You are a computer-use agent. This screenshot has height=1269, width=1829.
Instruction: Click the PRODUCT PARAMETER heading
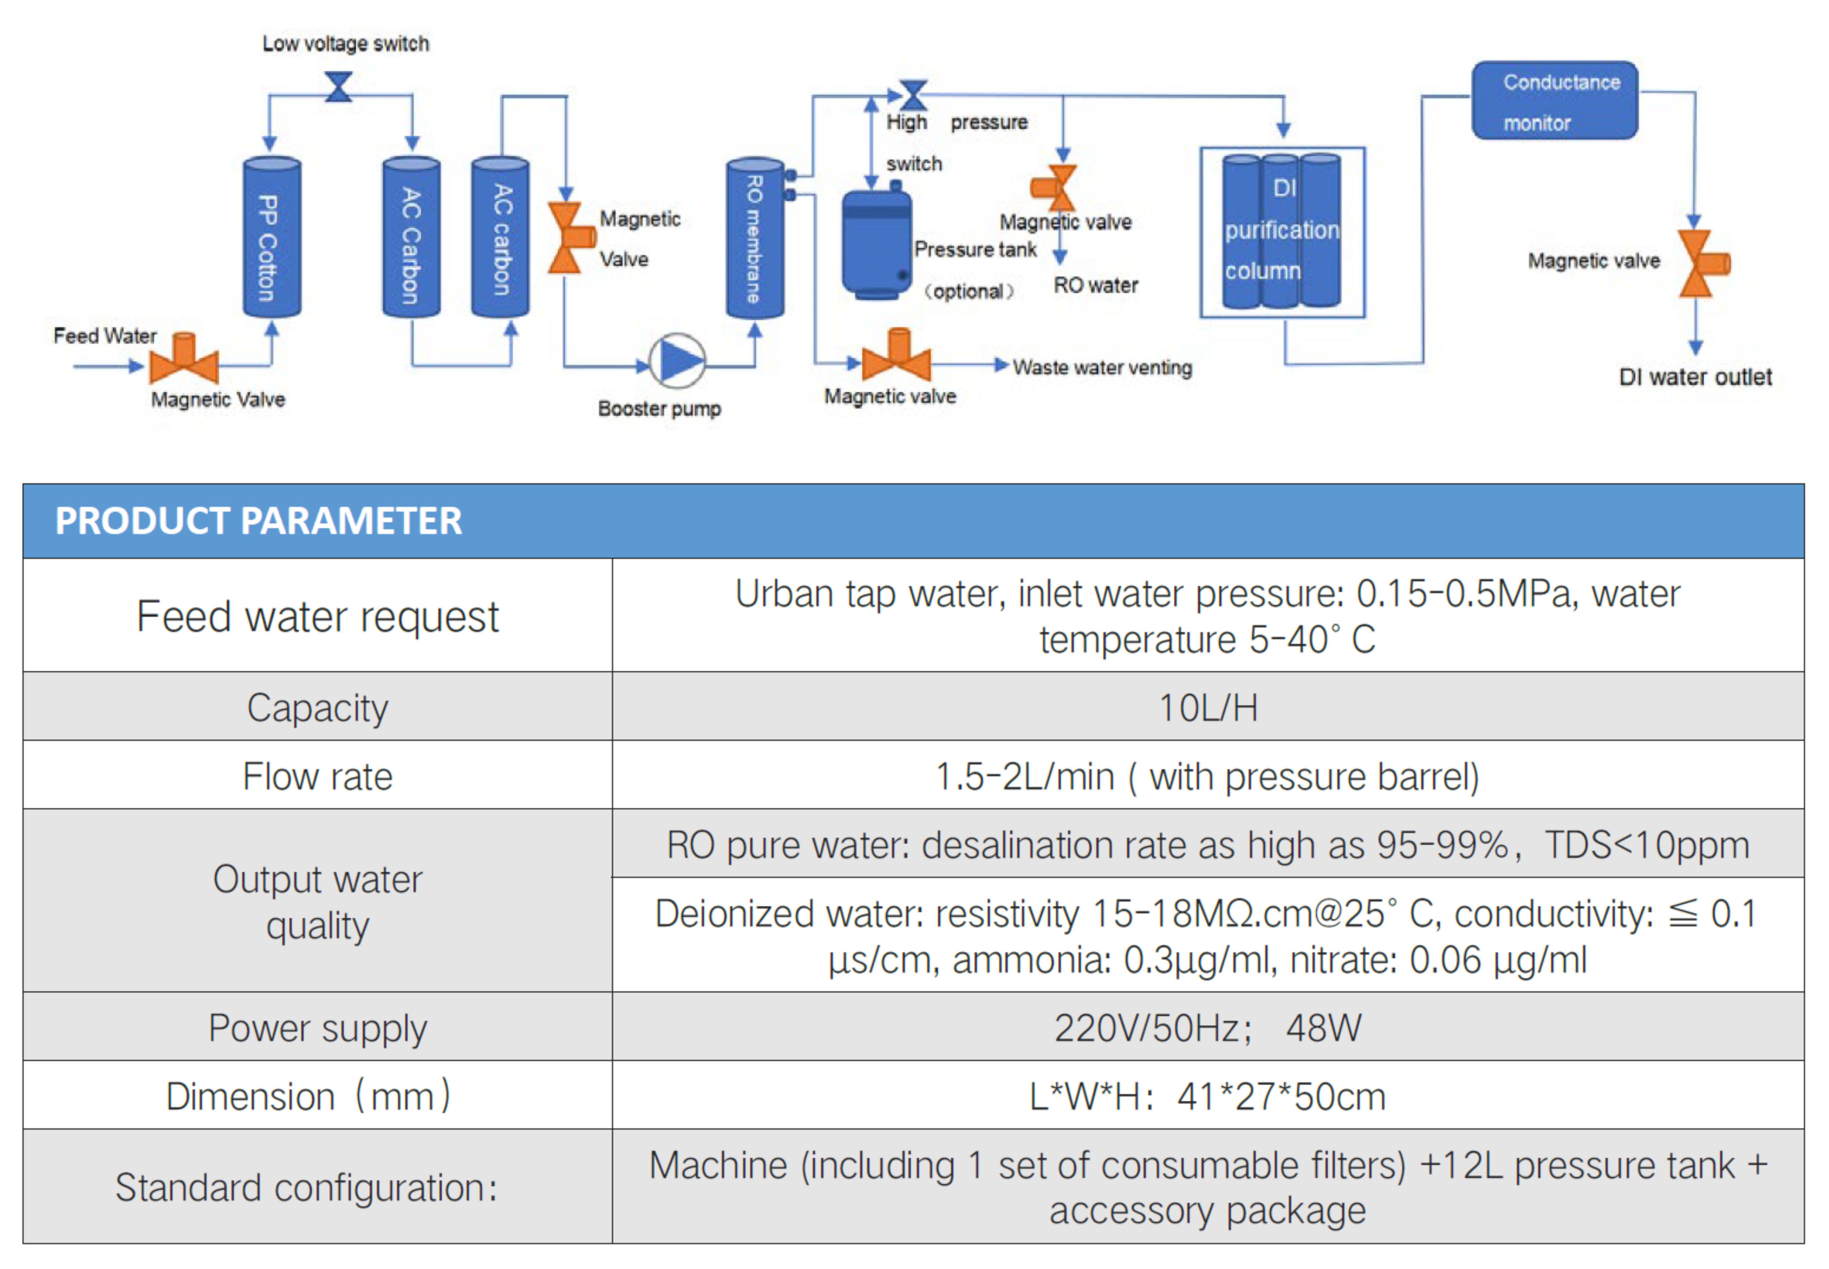[258, 521]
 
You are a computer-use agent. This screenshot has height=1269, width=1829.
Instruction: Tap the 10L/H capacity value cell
[1207, 707]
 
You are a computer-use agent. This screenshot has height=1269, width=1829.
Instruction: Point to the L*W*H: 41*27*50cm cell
[1207, 1096]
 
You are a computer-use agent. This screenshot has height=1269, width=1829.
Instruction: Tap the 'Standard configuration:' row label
[307, 1187]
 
